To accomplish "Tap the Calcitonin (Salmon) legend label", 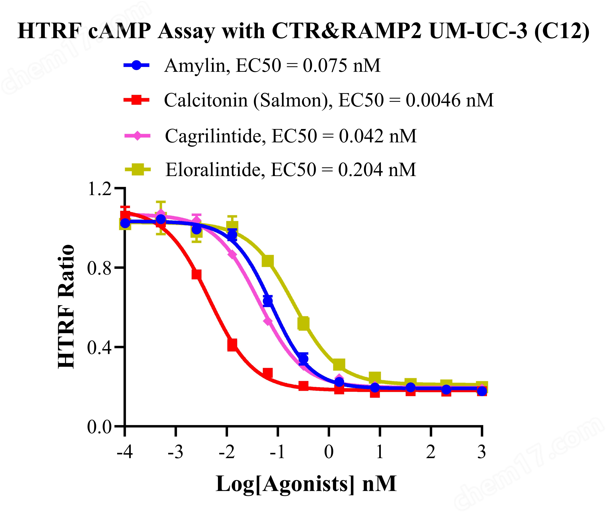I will (329, 100).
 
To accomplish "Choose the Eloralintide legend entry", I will (290, 170).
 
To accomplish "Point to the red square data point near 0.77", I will (196, 274).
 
